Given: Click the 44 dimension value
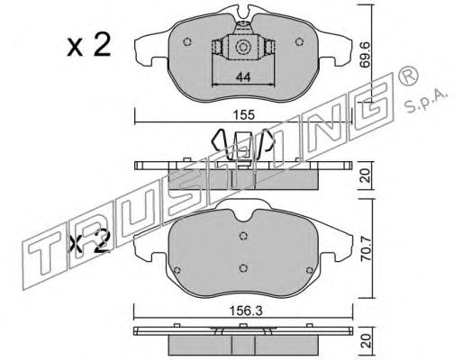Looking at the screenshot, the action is coord(243,77).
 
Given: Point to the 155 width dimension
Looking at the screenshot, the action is coord(244,114).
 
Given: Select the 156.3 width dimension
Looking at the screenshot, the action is coord(245,311).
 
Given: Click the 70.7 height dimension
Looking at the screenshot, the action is coord(367,248).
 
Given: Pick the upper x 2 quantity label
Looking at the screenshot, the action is coord(89,46).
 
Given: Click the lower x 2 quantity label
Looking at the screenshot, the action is coord(89,241).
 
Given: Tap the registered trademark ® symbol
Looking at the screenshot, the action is coord(408,76).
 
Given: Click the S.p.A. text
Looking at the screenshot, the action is coord(426,101).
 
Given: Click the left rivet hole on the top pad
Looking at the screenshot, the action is coord(187,42).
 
